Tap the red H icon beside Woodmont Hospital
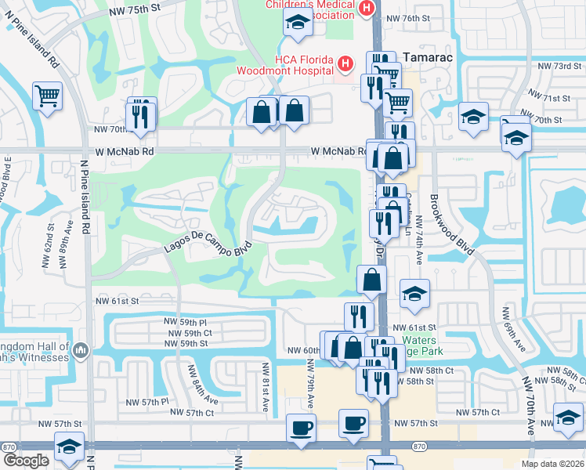tap(344, 63)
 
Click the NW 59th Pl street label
tap(185, 322)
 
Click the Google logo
tap(25, 461)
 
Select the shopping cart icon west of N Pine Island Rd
tap(47, 97)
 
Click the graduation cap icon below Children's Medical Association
tap(297, 23)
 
